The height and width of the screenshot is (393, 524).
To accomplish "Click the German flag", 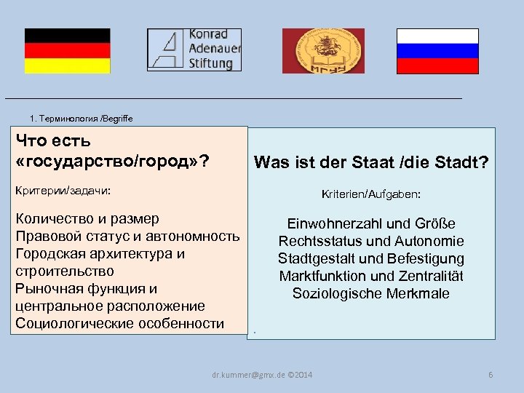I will (x=67, y=51).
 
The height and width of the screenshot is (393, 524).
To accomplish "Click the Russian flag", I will (x=437, y=51).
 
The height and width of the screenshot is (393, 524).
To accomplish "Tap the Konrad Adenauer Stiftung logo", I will (x=194, y=49).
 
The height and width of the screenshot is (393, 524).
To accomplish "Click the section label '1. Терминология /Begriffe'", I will (x=81, y=118).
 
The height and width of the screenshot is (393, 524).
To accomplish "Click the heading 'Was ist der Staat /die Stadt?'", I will (x=371, y=162).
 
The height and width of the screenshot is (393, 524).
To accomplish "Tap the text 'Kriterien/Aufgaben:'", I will (x=371, y=195).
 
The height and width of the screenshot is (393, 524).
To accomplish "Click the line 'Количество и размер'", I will (x=87, y=219).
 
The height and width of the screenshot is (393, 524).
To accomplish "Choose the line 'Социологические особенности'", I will (x=120, y=323).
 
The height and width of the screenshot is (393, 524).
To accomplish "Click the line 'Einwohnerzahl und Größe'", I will (x=371, y=223).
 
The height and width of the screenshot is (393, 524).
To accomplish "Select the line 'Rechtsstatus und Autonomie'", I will (x=371, y=241).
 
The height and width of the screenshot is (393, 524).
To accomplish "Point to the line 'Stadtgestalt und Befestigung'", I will (x=371, y=258).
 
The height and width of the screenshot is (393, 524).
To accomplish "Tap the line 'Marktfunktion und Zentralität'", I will (x=371, y=276).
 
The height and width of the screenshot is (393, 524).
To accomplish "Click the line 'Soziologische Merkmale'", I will (x=371, y=293).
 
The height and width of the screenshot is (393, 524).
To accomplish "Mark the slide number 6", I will (x=491, y=375).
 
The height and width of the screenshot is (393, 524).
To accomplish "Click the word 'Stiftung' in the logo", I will (x=211, y=63).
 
